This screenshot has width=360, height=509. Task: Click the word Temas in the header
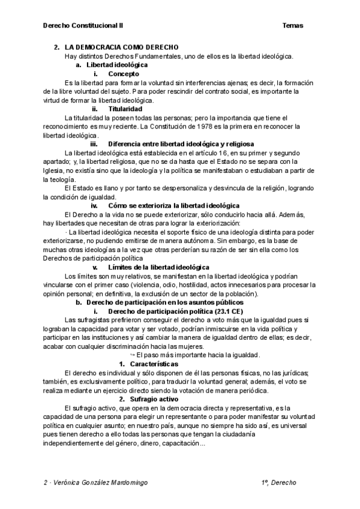tap(292, 26)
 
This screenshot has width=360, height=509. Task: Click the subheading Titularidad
tap(125, 109)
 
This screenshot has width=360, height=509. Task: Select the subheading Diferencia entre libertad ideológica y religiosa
tap(181, 144)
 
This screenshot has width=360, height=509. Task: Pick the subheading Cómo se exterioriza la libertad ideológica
tap(174, 205)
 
